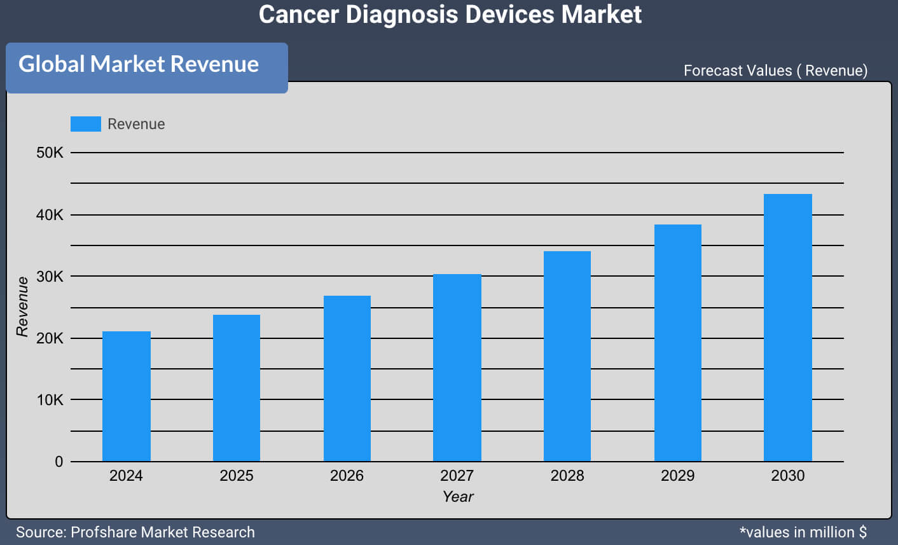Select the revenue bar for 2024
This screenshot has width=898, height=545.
click(127, 396)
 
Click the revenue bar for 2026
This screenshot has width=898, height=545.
click(347, 378)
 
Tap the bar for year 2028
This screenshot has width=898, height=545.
click(567, 356)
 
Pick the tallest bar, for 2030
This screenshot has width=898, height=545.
click(787, 328)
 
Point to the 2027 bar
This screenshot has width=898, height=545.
click(457, 368)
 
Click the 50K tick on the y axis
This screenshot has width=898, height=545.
click(50, 153)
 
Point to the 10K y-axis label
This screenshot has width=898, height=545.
click(50, 400)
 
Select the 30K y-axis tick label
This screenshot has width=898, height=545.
click(50, 277)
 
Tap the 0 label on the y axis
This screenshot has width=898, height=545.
click(59, 462)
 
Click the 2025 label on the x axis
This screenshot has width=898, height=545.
click(237, 476)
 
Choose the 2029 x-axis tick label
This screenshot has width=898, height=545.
click(677, 476)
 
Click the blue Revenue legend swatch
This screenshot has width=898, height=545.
click(86, 124)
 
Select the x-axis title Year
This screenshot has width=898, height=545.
click(458, 497)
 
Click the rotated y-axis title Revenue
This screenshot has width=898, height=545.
click(23, 307)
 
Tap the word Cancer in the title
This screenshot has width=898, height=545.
click(299, 15)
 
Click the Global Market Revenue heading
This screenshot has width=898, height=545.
click(139, 64)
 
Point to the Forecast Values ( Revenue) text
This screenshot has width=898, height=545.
click(775, 71)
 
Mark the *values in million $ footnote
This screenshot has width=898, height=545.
click(803, 532)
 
